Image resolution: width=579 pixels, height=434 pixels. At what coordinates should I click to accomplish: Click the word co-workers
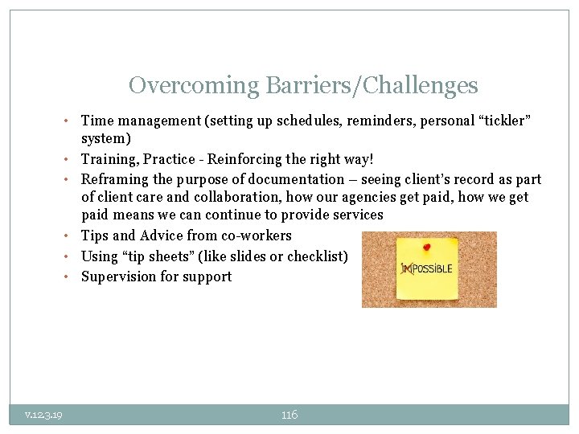click(253, 235)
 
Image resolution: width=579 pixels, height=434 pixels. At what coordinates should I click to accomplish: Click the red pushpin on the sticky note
click(426, 247)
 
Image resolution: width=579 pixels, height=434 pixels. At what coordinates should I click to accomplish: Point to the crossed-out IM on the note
click(408, 269)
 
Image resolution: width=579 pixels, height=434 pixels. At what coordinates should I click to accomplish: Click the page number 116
click(289, 415)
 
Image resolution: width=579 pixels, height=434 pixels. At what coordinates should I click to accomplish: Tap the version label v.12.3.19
click(44, 415)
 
